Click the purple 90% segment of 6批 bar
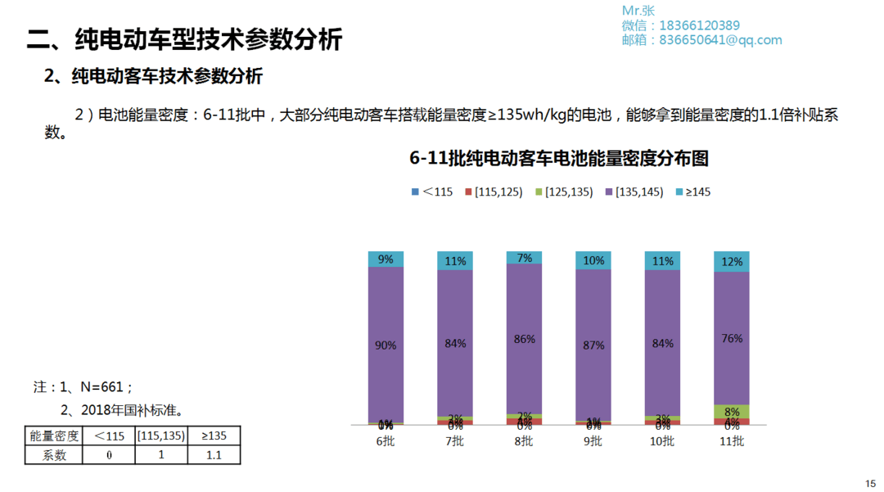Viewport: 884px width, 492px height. (386, 344)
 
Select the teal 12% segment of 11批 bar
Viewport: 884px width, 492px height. (732, 262)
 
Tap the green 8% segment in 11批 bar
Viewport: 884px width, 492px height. (732, 412)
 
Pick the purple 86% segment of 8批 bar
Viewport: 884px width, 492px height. (525, 338)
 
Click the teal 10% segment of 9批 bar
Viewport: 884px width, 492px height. (593, 260)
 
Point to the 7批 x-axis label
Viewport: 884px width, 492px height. (455, 441)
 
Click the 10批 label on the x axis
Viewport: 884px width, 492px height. (662, 441)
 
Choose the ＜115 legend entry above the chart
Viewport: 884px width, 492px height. (431, 192)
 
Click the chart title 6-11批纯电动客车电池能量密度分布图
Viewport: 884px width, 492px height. (559, 158)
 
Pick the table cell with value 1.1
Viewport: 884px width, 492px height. (214, 455)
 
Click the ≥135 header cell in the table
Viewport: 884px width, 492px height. (214, 436)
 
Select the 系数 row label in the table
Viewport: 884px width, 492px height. (54, 455)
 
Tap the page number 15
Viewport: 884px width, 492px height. (870, 483)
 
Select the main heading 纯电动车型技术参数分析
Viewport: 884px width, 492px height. (184, 39)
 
